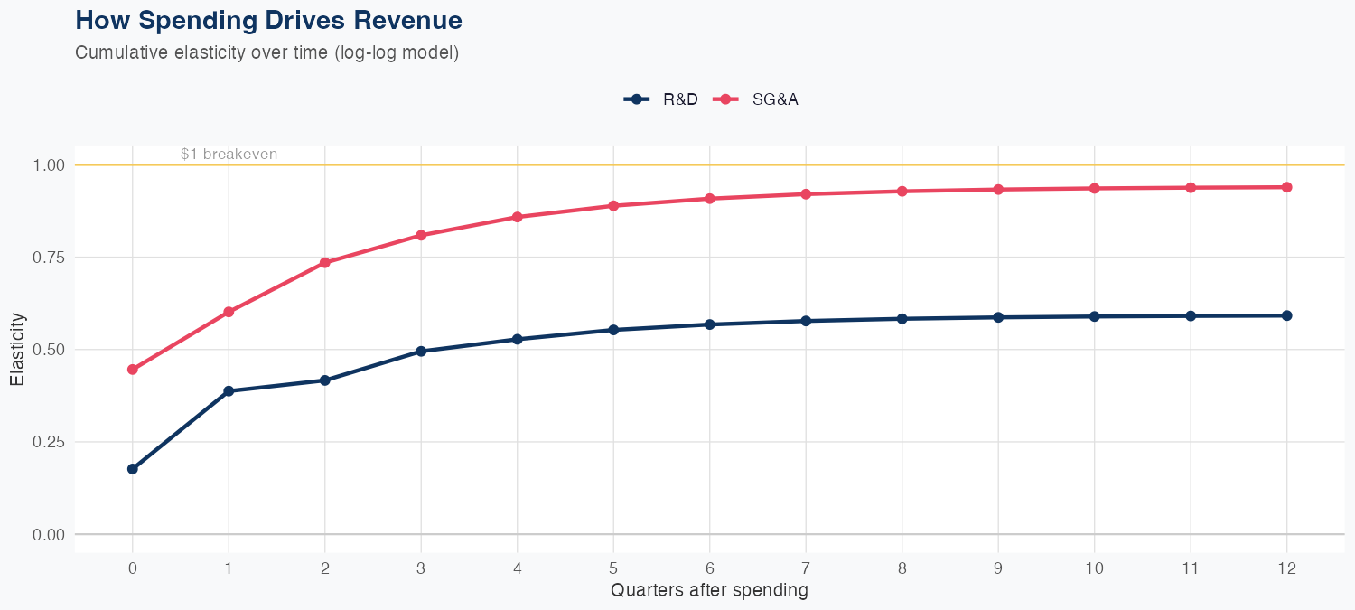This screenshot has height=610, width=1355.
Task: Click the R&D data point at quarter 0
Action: pyautogui.click(x=133, y=469)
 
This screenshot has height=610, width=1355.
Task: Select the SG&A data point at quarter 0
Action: pyautogui.click(x=133, y=370)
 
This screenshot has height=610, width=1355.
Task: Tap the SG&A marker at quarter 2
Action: pyautogui.click(x=325, y=263)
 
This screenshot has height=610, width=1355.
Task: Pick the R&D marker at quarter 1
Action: pyautogui.click(x=229, y=391)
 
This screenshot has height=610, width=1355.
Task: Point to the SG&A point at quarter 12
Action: pyautogui.click(x=1286, y=187)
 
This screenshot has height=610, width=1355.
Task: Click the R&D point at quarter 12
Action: pyautogui.click(x=1286, y=315)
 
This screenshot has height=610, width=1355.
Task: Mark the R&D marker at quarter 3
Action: pyautogui.click(x=421, y=352)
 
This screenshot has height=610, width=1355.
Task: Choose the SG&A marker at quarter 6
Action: pyautogui.click(x=710, y=199)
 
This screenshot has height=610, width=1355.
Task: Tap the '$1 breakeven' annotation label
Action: pyautogui.click(x=229, y=155)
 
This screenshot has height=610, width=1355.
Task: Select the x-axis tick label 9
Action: pyautogui.click(x=998, y=568)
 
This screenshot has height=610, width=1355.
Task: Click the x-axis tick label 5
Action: pyautogui.click(x=613, y=568)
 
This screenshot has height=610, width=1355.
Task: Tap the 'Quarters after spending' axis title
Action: pyautogui.click(x=709, y=591)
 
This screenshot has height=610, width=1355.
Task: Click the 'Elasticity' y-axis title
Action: pyautogui.click(x=17, y=350)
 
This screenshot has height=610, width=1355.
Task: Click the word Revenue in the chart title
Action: pyautogui.click(x=409, y=20)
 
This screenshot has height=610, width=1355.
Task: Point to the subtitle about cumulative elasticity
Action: pyautogui.click(x=267, y=52)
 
